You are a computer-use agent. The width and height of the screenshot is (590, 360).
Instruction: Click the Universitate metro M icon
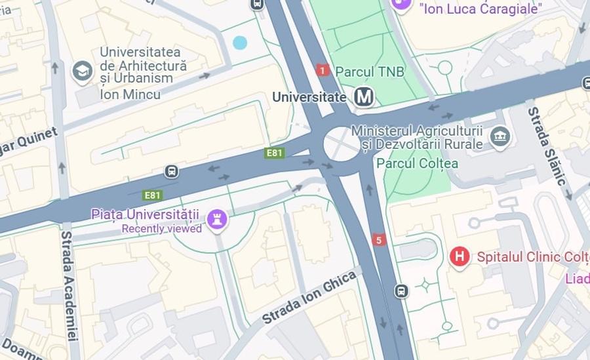[364, 97]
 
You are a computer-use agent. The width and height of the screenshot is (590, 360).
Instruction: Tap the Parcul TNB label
[370, 71]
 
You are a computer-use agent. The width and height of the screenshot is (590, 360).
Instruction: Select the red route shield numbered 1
[322, 70]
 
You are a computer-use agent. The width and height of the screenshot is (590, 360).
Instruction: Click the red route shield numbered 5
[378, 240]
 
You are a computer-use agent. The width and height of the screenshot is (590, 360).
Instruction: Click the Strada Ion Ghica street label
[310, 297]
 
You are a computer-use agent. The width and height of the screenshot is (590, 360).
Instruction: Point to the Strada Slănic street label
[545, 146]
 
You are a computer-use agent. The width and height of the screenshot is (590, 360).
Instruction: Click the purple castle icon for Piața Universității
[216, 219]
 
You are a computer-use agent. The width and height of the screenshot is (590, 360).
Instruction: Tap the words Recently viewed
[161, 229]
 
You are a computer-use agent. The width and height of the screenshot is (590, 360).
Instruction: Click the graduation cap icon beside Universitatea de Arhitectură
[83, 71]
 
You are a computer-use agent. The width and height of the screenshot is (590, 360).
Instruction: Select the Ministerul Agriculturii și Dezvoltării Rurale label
[417, 136]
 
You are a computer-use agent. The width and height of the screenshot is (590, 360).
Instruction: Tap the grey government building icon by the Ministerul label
[500, 137]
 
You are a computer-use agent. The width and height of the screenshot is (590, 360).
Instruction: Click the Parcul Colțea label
[417, 163]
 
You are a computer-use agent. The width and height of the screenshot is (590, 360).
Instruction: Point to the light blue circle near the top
[240, 43]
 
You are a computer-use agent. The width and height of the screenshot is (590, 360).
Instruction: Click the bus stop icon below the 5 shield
[401, 291]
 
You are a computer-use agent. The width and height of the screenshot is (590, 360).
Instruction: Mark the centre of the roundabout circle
[342, 144]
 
